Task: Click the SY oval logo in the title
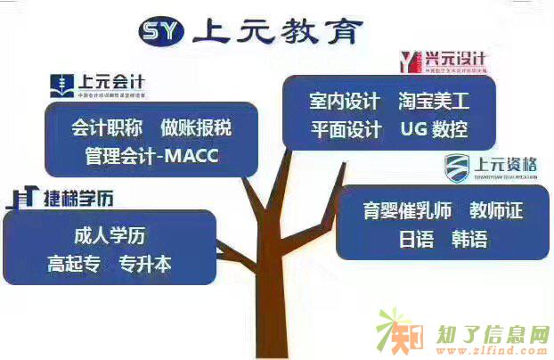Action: [160, 33]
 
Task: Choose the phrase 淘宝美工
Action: [433, 101]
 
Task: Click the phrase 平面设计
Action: [344, 129]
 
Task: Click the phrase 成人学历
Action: [110, 236]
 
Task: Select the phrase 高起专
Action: [75, 264]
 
